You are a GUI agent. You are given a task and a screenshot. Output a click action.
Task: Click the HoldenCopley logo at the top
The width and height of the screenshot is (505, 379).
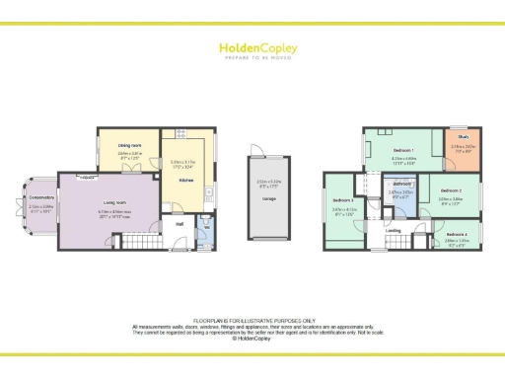(x=252, y=47)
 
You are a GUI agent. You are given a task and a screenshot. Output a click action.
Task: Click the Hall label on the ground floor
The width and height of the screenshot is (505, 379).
(x=180, y=224)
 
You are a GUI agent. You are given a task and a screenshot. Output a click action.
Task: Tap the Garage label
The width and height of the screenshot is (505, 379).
(x=268, y=198)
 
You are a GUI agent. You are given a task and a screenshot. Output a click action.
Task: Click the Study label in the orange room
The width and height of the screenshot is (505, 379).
(x=463, y=137)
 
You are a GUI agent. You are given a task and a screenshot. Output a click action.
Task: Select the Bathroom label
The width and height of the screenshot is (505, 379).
(x=400, y=185)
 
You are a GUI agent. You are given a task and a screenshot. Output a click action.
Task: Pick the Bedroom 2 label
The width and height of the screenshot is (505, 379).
(x=451, y=189)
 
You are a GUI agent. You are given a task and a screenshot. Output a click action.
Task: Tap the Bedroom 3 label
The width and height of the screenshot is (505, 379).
(x=344, y=199)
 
